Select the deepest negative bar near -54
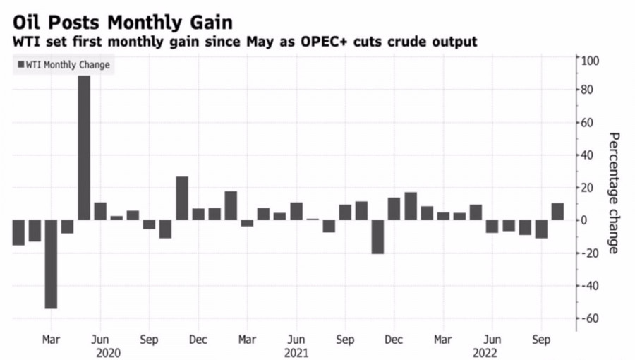point(51,264)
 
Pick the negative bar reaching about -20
point(377,236)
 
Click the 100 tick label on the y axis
point(590,61)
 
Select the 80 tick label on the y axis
point(588,90)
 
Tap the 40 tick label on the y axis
point(588,155)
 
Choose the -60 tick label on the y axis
point(588,318)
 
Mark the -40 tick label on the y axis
point(588,286)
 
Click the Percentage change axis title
point(613,193)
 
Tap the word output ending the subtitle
point(456,42)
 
